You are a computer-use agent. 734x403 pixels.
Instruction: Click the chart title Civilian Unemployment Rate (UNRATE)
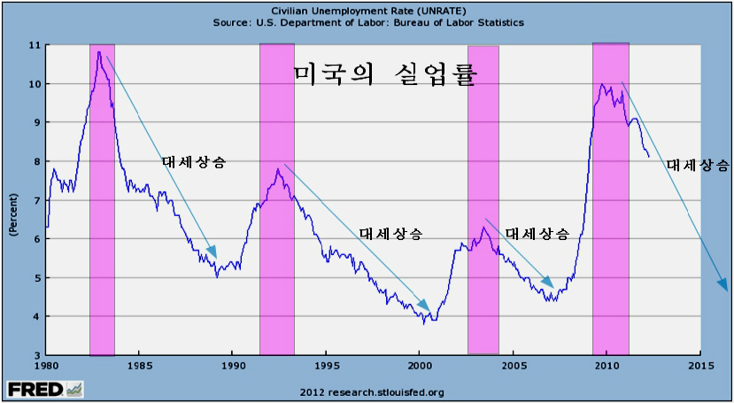(368, 11)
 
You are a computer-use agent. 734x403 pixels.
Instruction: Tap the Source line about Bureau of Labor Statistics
(368, 22)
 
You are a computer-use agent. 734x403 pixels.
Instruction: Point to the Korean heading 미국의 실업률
(385, 75)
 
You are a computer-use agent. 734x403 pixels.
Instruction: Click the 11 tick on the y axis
(35, 45)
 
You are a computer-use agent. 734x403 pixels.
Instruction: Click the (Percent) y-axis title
(14, 215)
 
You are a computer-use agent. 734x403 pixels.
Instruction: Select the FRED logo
(45, 389)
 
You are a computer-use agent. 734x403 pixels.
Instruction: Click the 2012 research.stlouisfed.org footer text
(372, 391)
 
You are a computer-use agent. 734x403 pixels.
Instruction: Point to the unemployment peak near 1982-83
(99, 52)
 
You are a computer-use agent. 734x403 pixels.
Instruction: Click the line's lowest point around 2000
(424, 323)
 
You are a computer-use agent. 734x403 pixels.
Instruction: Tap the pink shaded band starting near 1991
(277, 199)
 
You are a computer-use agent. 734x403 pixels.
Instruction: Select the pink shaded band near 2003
(483, 200)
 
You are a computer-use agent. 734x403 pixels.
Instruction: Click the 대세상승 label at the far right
(698, 165)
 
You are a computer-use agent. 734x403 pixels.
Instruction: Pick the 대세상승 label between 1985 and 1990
(194, 162)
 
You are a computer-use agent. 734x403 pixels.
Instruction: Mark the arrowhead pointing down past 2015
(722, 283)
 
